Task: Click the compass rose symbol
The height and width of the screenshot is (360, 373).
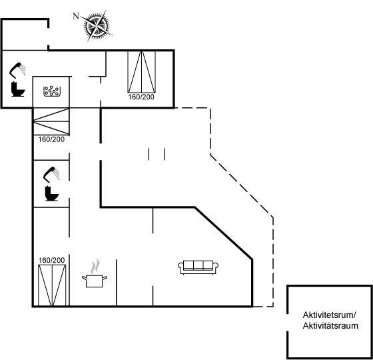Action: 98,25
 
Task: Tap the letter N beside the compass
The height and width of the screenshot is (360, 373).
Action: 76,16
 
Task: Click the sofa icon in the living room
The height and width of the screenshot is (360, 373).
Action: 198,267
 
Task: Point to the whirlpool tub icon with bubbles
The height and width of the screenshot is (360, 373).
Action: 51,91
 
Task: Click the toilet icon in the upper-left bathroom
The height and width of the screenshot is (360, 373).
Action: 18,89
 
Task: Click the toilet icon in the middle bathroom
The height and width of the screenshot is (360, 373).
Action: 52,193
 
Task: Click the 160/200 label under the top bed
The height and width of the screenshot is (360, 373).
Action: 141,97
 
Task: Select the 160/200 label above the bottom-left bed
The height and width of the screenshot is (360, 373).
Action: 52,261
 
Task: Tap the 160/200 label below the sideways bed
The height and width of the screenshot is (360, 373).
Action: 51,139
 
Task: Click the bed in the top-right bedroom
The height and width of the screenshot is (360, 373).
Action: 142,72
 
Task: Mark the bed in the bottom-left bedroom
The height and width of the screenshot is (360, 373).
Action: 52,285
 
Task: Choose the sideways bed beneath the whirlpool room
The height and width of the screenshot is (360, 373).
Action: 51,121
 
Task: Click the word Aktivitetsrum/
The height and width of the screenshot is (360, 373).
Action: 329,315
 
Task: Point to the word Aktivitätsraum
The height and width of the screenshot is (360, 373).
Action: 330,326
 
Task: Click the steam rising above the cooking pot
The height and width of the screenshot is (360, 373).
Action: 95,267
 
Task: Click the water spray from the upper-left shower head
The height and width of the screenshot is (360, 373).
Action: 23,69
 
